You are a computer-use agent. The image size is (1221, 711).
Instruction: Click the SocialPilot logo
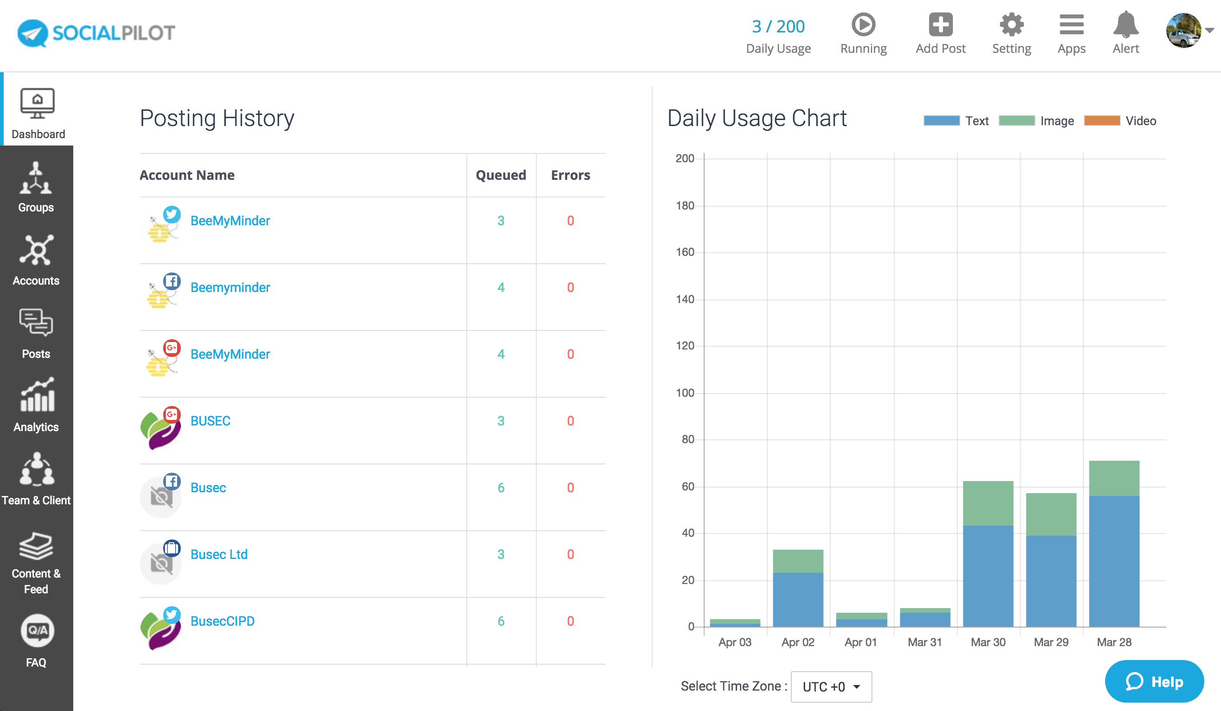96,33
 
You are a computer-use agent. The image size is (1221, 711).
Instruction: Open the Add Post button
940,33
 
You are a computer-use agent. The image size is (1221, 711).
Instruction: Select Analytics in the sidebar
36,405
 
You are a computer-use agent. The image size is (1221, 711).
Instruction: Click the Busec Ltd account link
218,554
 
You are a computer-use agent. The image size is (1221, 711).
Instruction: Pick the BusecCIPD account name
222,621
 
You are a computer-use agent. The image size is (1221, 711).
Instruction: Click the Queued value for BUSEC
501,421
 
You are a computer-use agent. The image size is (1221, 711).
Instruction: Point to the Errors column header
570,175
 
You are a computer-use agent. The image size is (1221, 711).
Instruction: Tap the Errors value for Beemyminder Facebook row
570,287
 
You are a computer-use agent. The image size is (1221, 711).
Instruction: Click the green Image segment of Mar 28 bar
1114,478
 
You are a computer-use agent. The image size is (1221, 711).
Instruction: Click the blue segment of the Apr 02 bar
797,600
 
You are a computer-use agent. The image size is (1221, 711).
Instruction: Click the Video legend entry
1120,121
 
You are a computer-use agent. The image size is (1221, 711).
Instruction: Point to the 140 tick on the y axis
685,299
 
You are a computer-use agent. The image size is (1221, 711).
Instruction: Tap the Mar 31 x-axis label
924,642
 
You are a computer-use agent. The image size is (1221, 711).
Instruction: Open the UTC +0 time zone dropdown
831,686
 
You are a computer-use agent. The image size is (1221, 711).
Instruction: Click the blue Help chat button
1154,681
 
